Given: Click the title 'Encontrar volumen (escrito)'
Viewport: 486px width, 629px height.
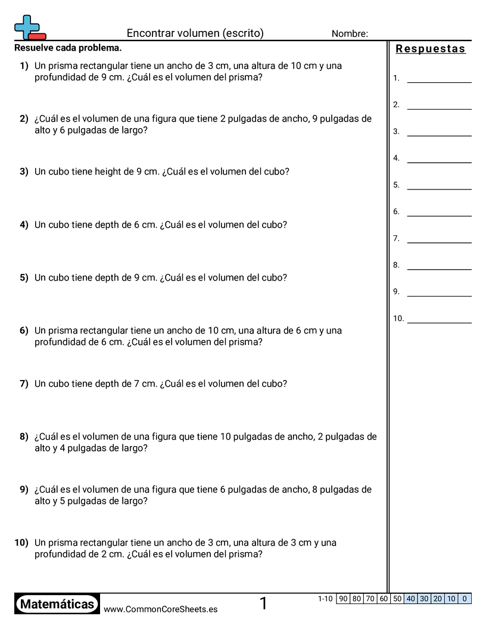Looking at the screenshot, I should point(195,33).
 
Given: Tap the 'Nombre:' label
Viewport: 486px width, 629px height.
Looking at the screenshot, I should point(350,34).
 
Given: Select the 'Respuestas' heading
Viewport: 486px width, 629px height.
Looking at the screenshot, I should point(431,49).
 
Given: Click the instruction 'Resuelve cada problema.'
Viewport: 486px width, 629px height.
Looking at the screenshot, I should point(68,48).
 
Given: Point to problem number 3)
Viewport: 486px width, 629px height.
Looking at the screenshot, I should point(24,172).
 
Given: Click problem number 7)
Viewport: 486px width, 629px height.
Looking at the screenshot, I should point(24,384).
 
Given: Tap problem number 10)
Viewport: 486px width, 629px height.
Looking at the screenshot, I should point(21,543).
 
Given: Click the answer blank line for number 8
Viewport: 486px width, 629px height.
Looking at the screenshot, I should point(439,269).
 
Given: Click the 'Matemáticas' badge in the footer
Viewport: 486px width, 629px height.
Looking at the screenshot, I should point(57,605).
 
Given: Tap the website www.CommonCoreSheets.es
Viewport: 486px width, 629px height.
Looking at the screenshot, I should point(160,609).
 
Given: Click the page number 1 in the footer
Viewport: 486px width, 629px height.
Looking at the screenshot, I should point(263,604).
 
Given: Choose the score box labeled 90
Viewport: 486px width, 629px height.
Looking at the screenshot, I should point(343,599).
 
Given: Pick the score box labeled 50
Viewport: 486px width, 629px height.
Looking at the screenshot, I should point(397,599).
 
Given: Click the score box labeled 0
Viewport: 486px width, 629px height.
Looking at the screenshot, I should point(465,599).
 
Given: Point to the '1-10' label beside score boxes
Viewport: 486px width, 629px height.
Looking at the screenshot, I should point(325,599).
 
